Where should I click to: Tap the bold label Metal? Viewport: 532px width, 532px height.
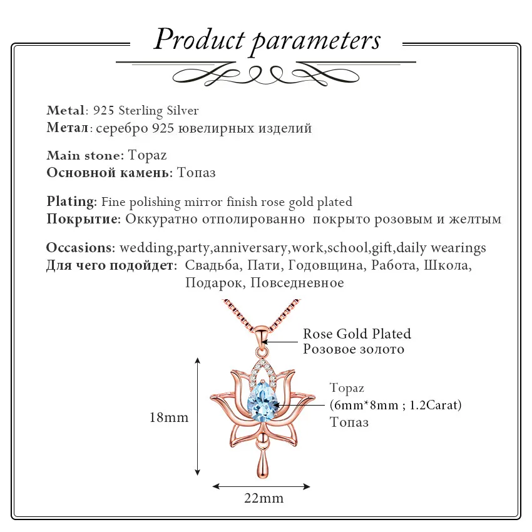(x=68, y=110)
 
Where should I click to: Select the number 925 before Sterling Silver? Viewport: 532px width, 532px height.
(x=104, y=111)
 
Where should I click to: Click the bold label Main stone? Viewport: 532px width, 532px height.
(x=86, y=155)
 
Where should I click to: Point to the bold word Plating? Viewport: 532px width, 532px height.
(x=72, y=202)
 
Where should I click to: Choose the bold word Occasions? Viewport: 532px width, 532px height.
(x=81, y=248)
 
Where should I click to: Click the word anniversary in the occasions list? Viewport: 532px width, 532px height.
(x=251, y=248)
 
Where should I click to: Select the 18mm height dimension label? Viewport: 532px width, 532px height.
(x=169, y=417)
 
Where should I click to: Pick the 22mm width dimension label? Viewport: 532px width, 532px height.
(x=263, y=498)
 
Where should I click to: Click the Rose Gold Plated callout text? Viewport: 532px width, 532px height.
(x=357, y=334)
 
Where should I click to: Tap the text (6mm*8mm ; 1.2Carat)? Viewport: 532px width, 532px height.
(x=396, y=405)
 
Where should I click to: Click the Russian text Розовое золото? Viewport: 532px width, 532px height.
(x=354, y=349)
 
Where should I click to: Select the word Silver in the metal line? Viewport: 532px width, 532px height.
(x=183, y=111)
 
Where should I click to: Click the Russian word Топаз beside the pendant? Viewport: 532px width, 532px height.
(x=349, y=422)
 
